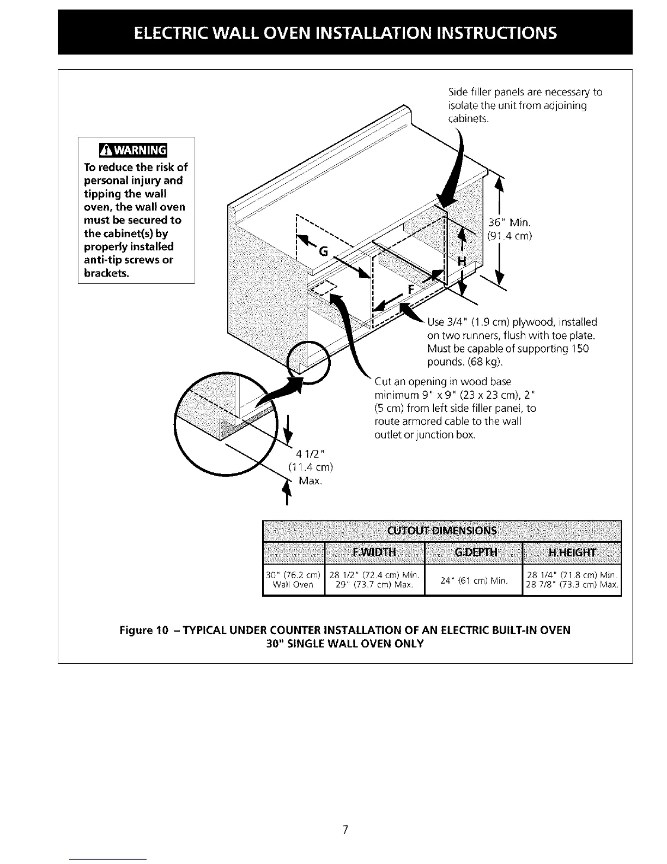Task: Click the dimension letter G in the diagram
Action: pyautogui.click(x=323, y=252)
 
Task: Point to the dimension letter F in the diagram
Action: pyautogui.click(x=411, y=289)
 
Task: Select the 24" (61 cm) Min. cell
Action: pyautogui.click(x=473, y=580)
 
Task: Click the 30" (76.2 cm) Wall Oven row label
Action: pyautogui.click(x=294, y=580)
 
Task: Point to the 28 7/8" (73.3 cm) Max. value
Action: pyautogui.click(x=572, y=585)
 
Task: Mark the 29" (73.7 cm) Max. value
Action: pyautogui.click(x=374, y=585)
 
